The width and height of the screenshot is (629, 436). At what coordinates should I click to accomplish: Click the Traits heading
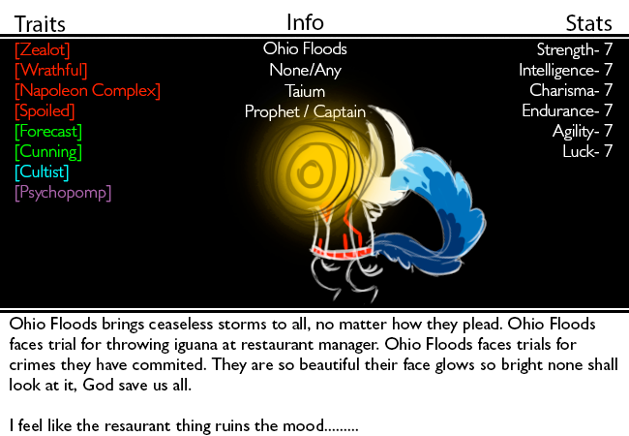[40, 24]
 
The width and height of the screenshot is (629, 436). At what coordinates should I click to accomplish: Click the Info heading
[305, 22]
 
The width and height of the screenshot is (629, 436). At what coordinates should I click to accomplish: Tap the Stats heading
[589, 23]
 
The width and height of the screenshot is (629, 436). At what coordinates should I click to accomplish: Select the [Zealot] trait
[43, 50]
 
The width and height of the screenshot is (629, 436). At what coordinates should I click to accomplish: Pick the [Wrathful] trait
[51, 71]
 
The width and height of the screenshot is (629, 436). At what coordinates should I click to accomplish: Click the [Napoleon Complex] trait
[87, 91]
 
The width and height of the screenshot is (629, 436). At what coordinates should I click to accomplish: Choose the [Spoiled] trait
[45, 111]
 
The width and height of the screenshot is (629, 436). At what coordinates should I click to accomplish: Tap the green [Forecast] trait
[48, 132]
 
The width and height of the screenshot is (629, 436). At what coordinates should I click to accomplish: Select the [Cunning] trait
[48, 152]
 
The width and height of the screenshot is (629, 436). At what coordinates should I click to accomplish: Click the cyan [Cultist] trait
[42, 172]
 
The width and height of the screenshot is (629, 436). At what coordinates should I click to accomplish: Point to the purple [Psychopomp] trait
[63, 193]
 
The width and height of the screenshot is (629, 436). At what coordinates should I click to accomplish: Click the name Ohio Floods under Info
[305, 48]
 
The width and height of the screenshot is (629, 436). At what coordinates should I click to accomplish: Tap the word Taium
[305, 91]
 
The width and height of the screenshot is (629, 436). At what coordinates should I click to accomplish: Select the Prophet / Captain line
[305, 112]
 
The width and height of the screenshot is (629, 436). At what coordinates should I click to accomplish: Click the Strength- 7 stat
[575, 49]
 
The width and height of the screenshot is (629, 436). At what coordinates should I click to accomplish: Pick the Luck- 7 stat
[587, 151]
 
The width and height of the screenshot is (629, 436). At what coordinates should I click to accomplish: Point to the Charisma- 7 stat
[571, 90]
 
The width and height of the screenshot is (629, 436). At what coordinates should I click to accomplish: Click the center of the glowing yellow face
[310, 173]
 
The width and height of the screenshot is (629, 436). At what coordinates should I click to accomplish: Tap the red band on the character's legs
[341, 253]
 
